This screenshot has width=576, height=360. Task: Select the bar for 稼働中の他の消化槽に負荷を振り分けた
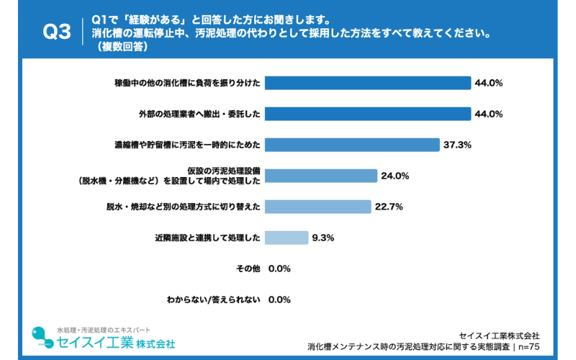pyautogui.click(x=368, y=83)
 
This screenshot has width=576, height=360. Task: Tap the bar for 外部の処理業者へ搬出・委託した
pyautogui.click(x=368, y=114)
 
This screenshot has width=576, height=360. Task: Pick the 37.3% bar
pyautogui.click(x=352, y=145)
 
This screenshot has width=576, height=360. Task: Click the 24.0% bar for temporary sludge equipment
pyautogui.click(x=321, y=176)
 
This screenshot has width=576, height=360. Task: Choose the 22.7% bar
pyautogui.click(x=318, y=207)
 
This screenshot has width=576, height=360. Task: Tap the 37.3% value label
pyautogui.click(x=457, y=145)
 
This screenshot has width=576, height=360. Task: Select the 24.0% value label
pyautogui.click(x=395, y=176)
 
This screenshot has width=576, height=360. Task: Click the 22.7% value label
pyautogui.click(x=389, y=207)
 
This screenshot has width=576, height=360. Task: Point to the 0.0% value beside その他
pyautogui.click(x=279, y=269)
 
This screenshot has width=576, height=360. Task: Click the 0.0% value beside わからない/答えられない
pyautogui.click(x=279, y=300)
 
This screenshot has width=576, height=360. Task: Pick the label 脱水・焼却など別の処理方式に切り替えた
pyautogui.click(x=183, y=207)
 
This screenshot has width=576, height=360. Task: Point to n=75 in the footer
pyautogui.click(x=526, y=346)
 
